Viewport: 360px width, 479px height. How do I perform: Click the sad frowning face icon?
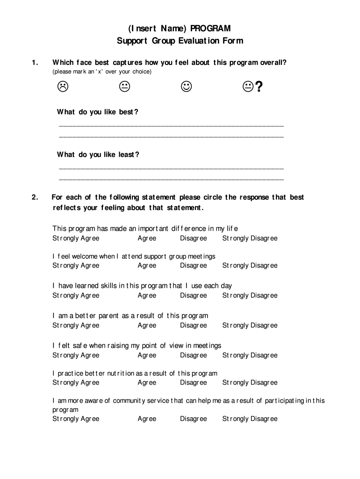63,86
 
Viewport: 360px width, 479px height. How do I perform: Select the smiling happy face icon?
186,86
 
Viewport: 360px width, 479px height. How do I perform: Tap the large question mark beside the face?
259,87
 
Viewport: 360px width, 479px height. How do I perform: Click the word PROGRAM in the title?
210,29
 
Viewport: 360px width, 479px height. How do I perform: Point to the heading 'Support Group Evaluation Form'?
180,41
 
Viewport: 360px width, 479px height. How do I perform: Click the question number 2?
35,197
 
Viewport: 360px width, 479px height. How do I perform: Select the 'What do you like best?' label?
98,112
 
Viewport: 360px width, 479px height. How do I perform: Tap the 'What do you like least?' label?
98,155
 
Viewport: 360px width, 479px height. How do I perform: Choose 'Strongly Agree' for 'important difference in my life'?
76,239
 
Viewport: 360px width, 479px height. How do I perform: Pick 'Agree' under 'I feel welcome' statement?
147,266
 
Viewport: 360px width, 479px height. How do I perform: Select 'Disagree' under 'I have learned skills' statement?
193,296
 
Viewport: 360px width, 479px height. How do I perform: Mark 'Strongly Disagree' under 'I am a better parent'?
250,326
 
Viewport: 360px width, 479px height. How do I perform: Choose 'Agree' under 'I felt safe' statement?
147,356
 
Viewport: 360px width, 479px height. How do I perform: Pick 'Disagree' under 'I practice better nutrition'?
193,383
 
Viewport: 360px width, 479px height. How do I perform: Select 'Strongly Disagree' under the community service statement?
250,419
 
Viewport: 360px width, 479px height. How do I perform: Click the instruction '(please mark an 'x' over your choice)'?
102,72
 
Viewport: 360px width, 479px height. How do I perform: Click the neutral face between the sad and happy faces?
124,86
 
